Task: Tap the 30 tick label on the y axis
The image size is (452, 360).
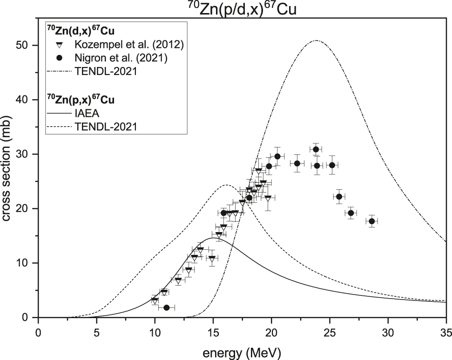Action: (26, 154)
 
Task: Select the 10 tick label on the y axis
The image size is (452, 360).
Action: (26, 263)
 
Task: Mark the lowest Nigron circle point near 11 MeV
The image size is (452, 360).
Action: (167, 308)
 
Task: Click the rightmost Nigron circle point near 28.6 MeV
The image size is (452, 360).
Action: (371, 221)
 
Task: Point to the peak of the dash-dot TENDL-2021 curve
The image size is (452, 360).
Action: (316, 40)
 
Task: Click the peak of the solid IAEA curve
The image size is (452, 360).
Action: (213, 238)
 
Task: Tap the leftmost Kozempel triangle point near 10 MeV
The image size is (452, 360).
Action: (155, 300)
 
